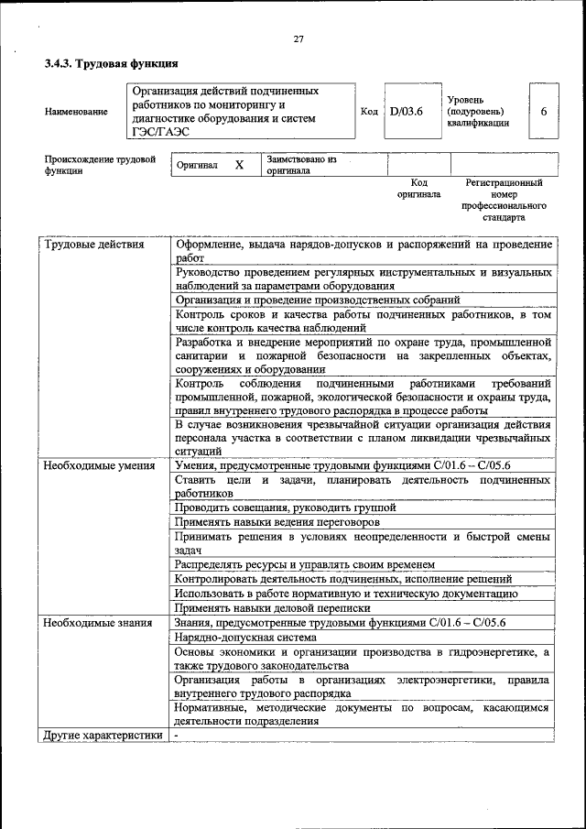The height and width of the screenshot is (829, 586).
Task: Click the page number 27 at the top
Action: pyautogui.click(x=298, y=38)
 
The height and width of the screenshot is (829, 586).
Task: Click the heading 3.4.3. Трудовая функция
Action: pyautogui.click(x=111, y=64)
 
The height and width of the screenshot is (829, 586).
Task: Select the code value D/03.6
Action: pyautogui.click(x=406, y=112)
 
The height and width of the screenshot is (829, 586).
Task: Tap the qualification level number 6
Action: pyautogui.click(x=543, y=112)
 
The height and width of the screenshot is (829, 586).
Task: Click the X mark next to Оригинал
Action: pyautogui.click(x=239, y=165)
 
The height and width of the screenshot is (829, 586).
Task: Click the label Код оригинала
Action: pyautogui.click(x=418, y=189)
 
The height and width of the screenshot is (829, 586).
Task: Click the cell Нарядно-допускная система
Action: pyautogui.click(x=245, y=637)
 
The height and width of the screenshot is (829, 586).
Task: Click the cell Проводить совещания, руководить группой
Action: pyautogui.click(x=286, y=507)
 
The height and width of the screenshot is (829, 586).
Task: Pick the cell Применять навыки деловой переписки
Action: pyautogui.click(x=273, y=607)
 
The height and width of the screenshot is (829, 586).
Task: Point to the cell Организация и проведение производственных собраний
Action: pyautogui.click(x=317, y=300)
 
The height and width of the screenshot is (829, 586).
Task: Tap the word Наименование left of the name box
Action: pyautogui.click(x=76, y=112)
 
